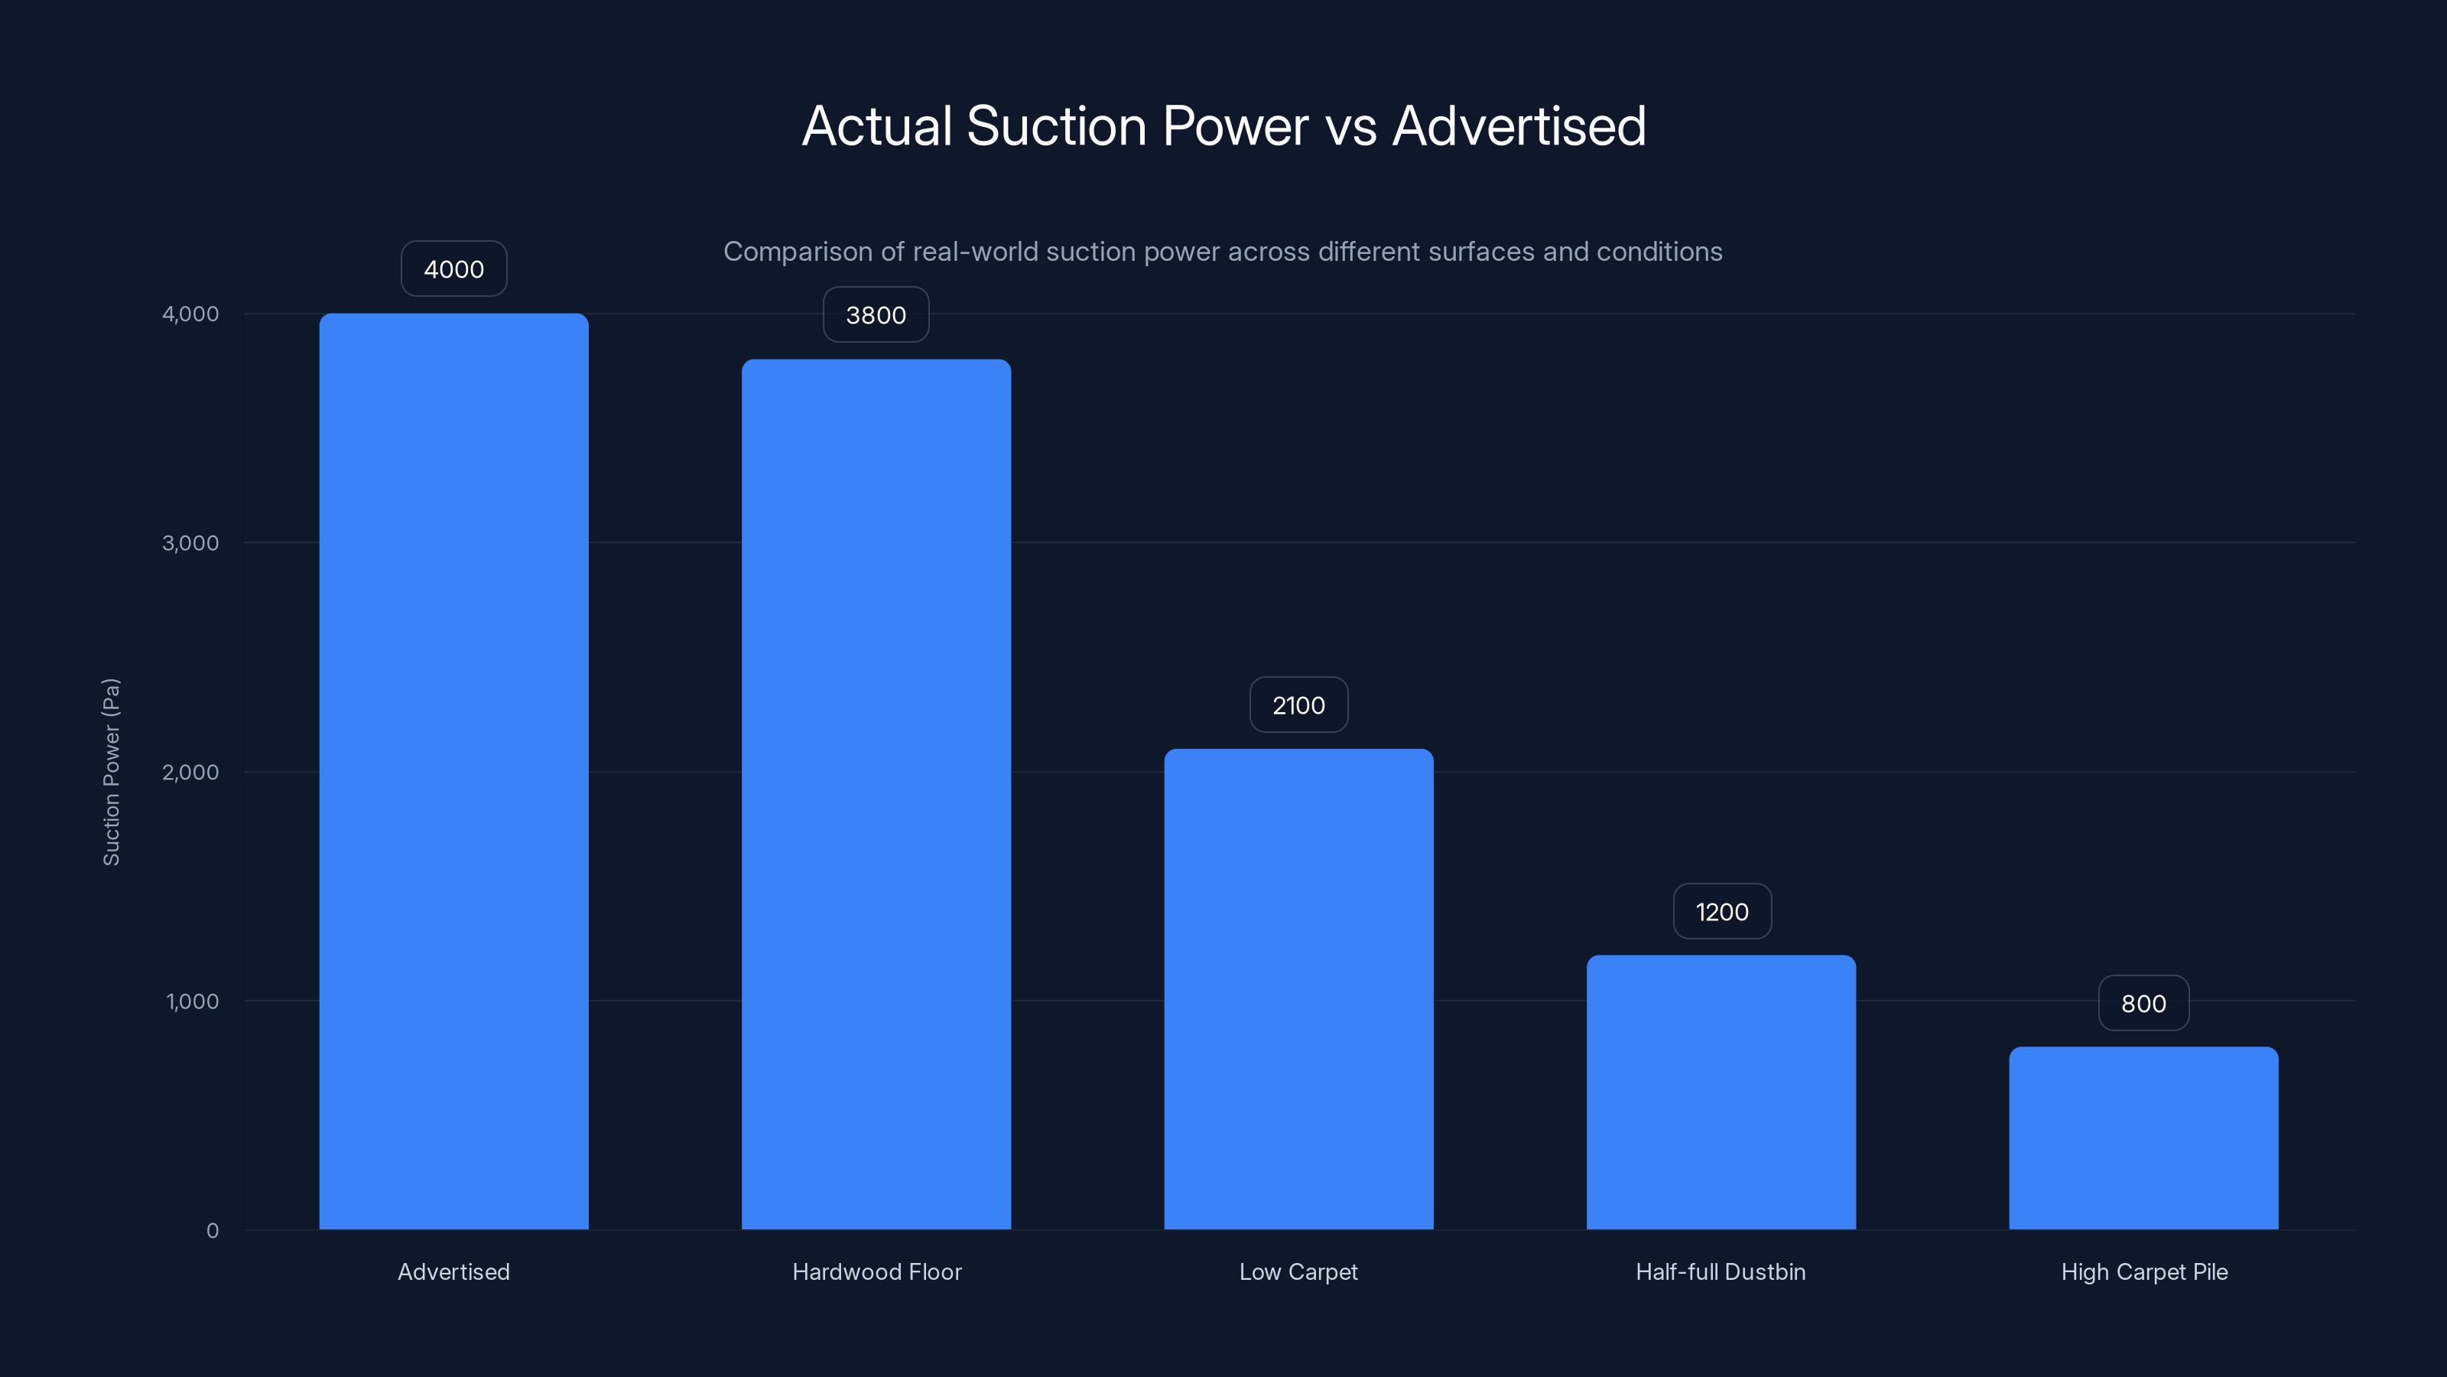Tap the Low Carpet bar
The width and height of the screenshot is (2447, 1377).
point(1298,988)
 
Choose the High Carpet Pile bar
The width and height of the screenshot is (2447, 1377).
point(2143,1138)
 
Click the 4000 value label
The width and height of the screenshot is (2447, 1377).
point(453,269)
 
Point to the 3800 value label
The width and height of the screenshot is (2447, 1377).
point(876,314)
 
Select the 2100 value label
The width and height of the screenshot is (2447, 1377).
point(1298,705)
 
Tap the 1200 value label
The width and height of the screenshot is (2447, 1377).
point(1721,911)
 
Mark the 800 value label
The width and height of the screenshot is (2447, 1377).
point(2143,1004)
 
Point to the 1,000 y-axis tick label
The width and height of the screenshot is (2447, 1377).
point(192,1001)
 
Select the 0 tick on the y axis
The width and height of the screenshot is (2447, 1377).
point(212,1231)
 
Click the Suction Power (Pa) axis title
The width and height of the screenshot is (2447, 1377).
point(111,772)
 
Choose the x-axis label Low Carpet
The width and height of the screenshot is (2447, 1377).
point(1298,1271)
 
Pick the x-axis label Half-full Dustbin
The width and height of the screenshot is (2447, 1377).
point(1721,1271)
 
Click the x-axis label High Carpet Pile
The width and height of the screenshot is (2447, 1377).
point(2144,1271)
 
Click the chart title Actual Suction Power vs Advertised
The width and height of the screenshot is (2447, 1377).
point(1223,125)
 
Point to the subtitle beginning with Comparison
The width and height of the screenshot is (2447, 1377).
point(1223,251)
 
